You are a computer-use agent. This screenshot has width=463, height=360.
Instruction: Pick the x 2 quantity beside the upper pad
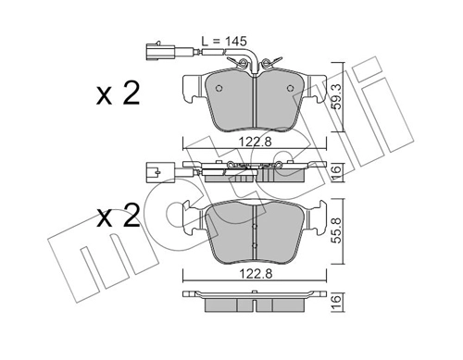118,93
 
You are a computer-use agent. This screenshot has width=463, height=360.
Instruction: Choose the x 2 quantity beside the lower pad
118,218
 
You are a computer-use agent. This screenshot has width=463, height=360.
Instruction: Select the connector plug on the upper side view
153,171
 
